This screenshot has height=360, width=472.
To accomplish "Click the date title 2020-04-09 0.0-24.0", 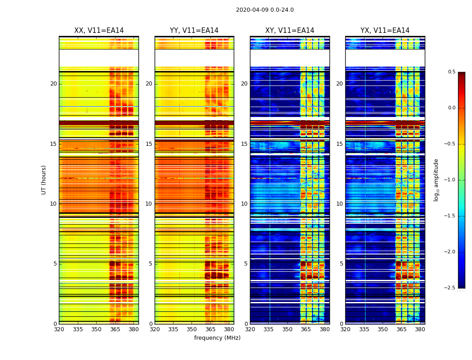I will coord(265,10).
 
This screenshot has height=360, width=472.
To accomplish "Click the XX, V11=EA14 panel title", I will coord(99,31).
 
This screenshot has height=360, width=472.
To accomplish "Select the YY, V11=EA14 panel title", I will coord(194,31).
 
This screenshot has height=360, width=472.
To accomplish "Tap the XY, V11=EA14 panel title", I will coord(289,31).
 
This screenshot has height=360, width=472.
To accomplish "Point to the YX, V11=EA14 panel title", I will coord(385,31).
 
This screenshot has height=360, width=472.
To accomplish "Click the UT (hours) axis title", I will coord(44,180).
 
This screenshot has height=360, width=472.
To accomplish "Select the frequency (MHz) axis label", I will coord(217,338).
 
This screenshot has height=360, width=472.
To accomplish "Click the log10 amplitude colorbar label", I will coord(436,180).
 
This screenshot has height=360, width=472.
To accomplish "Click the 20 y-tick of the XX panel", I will coord(53,84).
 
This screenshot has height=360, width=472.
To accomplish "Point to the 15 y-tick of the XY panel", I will coord(244,144).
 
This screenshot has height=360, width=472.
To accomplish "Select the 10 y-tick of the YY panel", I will coord(149,204).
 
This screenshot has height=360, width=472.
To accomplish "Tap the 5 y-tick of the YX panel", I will coord(341,264).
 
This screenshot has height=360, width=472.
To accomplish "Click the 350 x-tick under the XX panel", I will coord(96,329).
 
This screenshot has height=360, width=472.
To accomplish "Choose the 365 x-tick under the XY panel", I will coord(306,329).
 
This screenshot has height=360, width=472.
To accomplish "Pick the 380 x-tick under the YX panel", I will coord(420,329).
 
